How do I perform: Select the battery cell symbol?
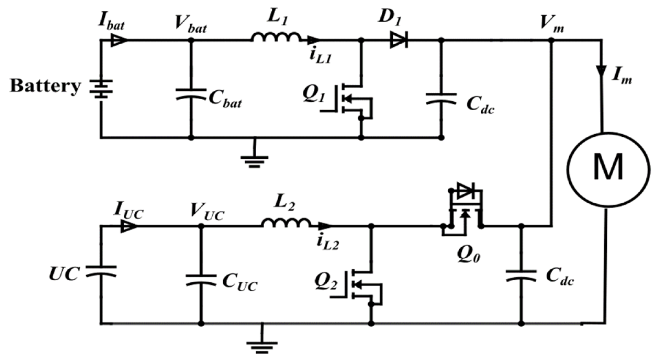[101, 89]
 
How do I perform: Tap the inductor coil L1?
[276, 37]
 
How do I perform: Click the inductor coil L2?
[286, 223]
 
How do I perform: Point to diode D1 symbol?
[399, 40]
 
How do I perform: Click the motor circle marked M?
[608, 169]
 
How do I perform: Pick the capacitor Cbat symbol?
[191, 94]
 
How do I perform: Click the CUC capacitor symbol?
[201, 280]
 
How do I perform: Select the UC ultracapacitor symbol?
[101, 271]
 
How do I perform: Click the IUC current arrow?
[129, 226]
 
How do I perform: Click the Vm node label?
[552, 23]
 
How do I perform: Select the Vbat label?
[191, 24]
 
